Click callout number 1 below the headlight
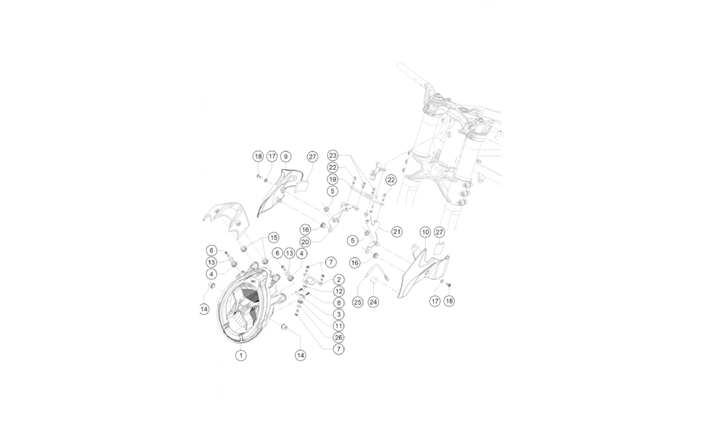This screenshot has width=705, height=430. [241, 356]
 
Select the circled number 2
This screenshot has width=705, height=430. [338, 280]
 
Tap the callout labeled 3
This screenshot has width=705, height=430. [338, 314]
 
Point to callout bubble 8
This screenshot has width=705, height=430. [338, 302]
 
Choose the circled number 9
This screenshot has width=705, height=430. [286, 156]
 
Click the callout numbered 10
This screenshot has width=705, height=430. [425, 232]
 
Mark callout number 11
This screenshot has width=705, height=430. [338, 326]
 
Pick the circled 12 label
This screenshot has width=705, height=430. [338, 291]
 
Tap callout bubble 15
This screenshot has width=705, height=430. [274, 238]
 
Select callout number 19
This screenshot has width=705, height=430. [332, 179]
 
